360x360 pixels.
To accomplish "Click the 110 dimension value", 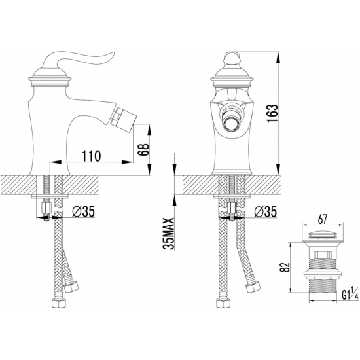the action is click(x=91, y=156).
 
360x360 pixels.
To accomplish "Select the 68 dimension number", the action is click(x=143, y=150).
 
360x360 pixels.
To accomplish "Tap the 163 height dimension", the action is click(x=272, y=113).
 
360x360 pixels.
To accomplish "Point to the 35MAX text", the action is click(x=169, y=233).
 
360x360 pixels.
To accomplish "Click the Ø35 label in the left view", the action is click(x=83, y=211).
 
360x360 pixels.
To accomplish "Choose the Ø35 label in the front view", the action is click(x=265, y=211).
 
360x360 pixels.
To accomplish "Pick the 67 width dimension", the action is click(x=322, y=219).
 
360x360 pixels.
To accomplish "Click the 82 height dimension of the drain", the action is click(x=285, y=267).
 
